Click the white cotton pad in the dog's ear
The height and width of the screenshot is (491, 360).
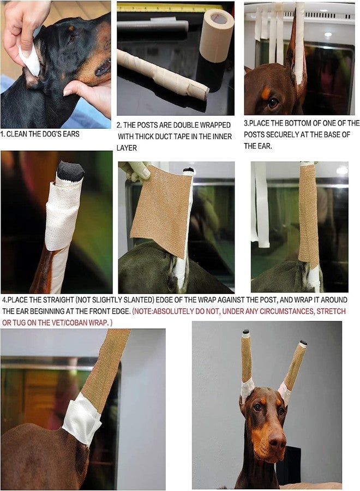[x=31, y=60]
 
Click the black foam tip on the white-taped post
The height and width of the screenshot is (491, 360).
[x=71, y=171]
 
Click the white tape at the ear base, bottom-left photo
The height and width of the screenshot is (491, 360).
[x=82, y=418]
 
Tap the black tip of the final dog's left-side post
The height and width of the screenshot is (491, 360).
[x=245, y=332]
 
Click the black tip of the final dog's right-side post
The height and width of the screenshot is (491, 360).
[x=303, y=344]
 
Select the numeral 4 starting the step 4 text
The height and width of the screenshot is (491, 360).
[x=4, y=300]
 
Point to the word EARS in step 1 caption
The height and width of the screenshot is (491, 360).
[x=69, y=134]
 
